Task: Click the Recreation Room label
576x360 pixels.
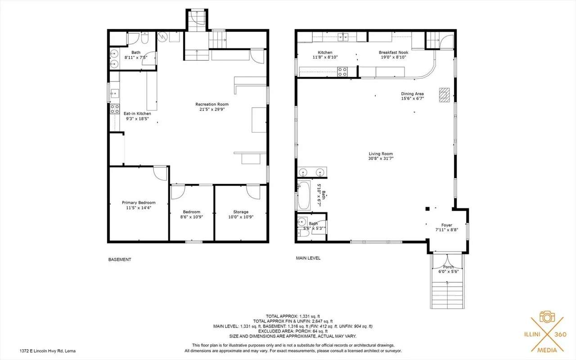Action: (x=212, y=104)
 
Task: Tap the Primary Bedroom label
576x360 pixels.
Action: (x=139, y=202)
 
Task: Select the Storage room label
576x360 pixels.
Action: (x=241, y=212)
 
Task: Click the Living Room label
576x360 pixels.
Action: (x=381, y=154)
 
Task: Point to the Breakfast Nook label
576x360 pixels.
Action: (x=393, y=53)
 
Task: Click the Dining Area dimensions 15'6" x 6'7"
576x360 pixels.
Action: (x=413, y=99)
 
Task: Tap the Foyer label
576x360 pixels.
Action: (x=447, y=225)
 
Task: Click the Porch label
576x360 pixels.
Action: (x=449, y=267)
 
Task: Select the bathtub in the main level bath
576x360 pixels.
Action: (x=304, y=195)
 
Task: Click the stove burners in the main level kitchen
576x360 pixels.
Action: (x=342, y=72)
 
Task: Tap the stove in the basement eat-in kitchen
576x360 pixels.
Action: (x=115, y=109)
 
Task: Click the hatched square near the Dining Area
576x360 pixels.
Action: (x=444, y=95)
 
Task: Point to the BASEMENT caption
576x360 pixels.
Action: (x=120, y=260)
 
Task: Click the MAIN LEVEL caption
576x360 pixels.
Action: (x=308, y=258)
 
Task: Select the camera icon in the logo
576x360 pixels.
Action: (x=547, y=316)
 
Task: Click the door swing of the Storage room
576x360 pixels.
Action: (x=253, y=192)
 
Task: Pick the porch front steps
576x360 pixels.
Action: (x=447, y=295)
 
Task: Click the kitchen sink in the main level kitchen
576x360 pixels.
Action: (x=343, y=37)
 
